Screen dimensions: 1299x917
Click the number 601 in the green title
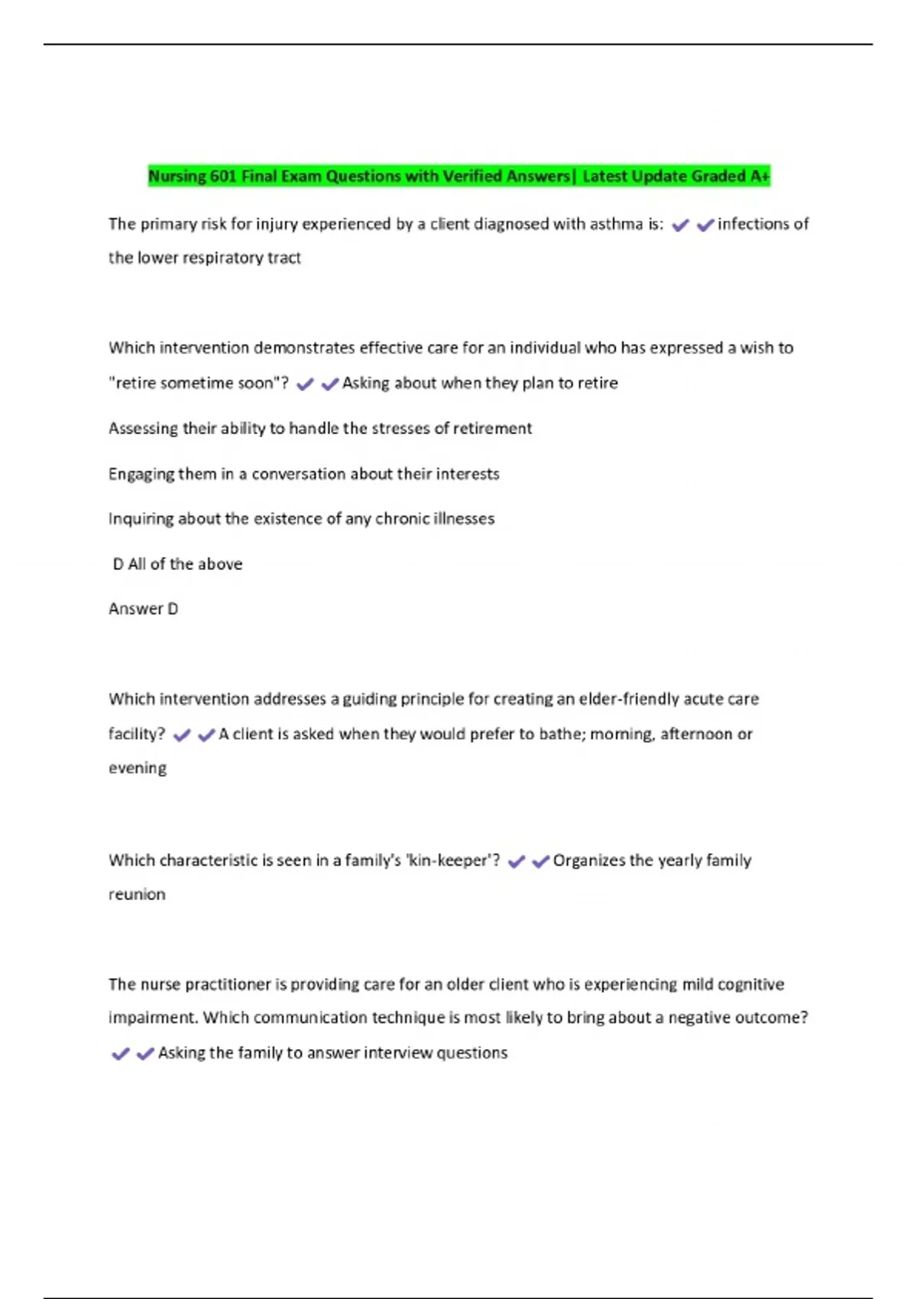click(x=223, y=177)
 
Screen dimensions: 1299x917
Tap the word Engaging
click(x=141, y=474)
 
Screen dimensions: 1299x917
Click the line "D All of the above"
click(x=177, y=564)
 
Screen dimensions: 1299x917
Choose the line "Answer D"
click(x=143, y=609)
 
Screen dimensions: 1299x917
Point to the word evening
click(x=138, y=768)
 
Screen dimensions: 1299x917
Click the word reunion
click(x=137, y=894)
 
